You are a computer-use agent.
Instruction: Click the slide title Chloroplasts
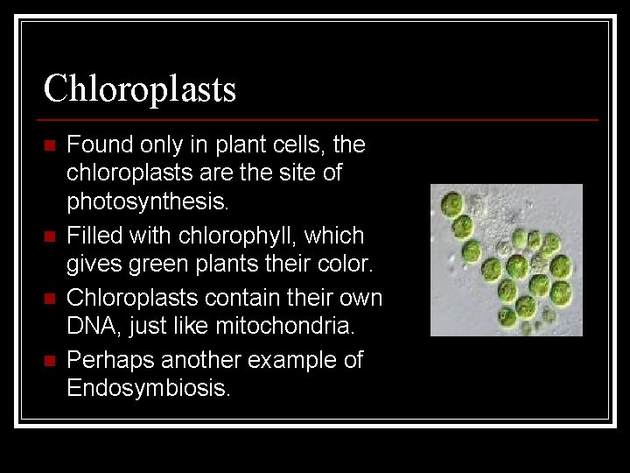[x=140, y=88]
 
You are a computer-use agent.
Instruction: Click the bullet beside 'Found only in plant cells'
[x=49, y=145]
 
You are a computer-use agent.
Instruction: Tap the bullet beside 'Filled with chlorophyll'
[x=49, y=236]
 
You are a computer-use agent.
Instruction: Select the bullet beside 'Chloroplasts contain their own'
[x=49, y=299]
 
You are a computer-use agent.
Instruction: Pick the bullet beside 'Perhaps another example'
[x=49, y=361]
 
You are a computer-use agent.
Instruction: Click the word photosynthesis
[x=146, y=203]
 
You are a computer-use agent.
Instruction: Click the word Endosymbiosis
[x=148, y=389]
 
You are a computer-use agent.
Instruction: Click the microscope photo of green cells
[x=506, y=260]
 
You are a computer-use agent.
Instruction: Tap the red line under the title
[x=319, y=119]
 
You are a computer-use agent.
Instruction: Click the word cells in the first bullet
[x=297, y=144]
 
